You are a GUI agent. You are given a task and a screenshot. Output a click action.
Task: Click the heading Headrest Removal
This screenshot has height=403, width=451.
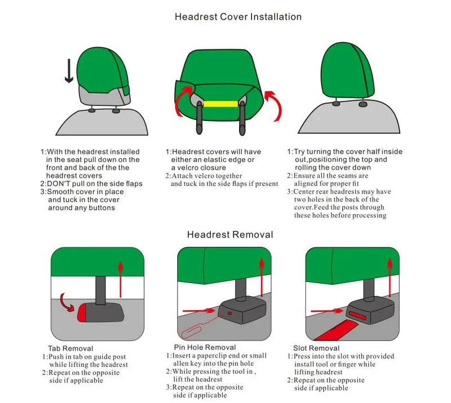tap(229, 235)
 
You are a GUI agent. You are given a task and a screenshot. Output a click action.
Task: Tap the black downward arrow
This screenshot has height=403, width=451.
tap(69, 71)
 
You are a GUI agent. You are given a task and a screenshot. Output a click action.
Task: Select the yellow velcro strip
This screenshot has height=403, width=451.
tap(220, 104)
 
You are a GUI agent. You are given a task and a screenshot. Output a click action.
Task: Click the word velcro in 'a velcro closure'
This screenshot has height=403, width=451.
tap(190, 168)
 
